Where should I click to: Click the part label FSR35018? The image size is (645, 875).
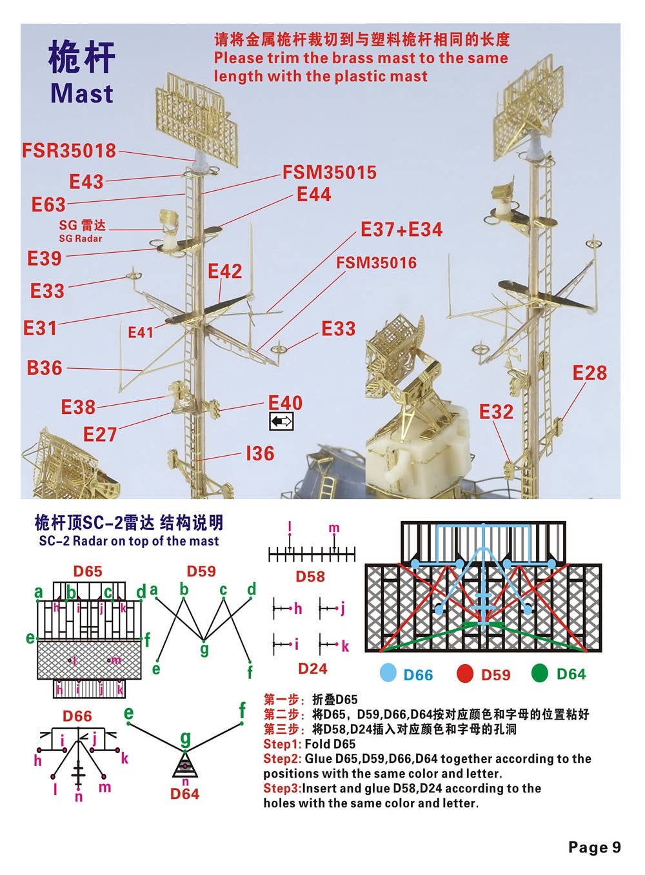click(69, 151)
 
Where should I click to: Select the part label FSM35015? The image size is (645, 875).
click(329, 172)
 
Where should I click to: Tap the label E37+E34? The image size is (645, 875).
click(401, 230)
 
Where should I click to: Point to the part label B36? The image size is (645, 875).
click(45, 368)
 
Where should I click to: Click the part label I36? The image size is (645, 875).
click(260, 453)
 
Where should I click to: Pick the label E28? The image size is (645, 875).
click(590, 373)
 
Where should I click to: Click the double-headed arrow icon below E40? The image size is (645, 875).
click(281, 422)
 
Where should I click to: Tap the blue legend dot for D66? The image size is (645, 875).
click(388, 673)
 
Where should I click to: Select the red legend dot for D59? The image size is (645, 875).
click(465, 673)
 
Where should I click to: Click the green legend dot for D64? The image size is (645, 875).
click(540, 673)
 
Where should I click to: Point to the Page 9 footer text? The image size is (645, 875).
click(594, 847)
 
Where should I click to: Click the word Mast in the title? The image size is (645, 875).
click(82, 93)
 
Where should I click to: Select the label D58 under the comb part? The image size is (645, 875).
click(310, 576)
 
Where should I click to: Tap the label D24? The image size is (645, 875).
click(312, 669)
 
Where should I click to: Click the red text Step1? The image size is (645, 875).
click(282, 744)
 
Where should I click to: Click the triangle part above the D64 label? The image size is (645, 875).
click(185, 767)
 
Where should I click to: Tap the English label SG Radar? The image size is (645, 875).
click(81, 239)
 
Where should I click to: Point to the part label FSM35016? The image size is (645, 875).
click(377, 263)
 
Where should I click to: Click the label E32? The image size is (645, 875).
click(496, 411)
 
